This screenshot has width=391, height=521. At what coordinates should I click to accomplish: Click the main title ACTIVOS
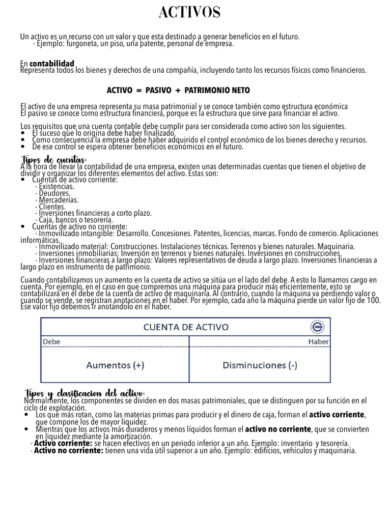[x=189, y=13]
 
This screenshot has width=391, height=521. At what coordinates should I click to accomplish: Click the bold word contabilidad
[x=52, y=64]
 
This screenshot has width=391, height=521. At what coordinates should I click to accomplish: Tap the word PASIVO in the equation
[x=158, y=91]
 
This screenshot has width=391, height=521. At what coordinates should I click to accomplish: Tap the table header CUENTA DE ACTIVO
[x=185, y=327]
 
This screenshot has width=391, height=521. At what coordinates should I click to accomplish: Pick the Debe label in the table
[x=51, y=342]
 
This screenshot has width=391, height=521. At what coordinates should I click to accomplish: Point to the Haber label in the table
[x=318, y=342]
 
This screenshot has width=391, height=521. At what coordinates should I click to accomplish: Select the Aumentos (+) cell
[x=115, y=365]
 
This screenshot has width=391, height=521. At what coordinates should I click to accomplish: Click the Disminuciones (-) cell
[x=260, y=365]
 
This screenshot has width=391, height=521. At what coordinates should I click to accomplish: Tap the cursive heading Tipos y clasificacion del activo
[x=85, y=393]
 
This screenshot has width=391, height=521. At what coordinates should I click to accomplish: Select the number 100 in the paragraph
[x=387, y=301]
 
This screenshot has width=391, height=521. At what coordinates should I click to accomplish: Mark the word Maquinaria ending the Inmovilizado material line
[x=336, y=247]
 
